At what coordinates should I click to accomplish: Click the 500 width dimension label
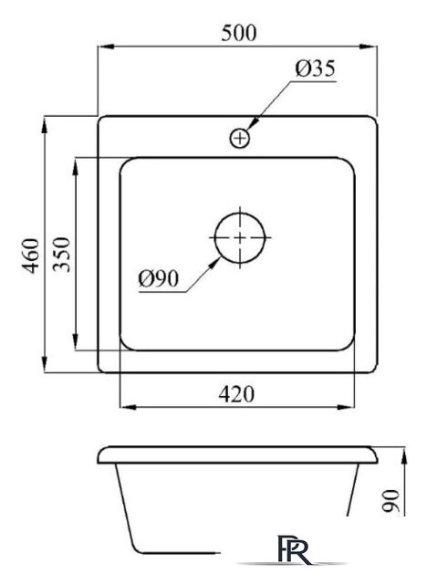point(239,33)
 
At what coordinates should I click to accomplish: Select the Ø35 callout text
point(316,68)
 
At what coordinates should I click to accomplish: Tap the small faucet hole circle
point(240,139)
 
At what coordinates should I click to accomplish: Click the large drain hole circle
point(240,237)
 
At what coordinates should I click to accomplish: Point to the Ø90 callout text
point(159,277)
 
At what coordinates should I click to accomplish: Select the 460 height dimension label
point(30,255)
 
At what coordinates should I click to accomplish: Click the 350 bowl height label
point(61,255)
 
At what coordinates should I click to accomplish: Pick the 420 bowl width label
point(236,394)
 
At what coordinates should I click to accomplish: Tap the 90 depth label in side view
point(391,501)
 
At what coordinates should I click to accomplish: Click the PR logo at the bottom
point(294,549)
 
